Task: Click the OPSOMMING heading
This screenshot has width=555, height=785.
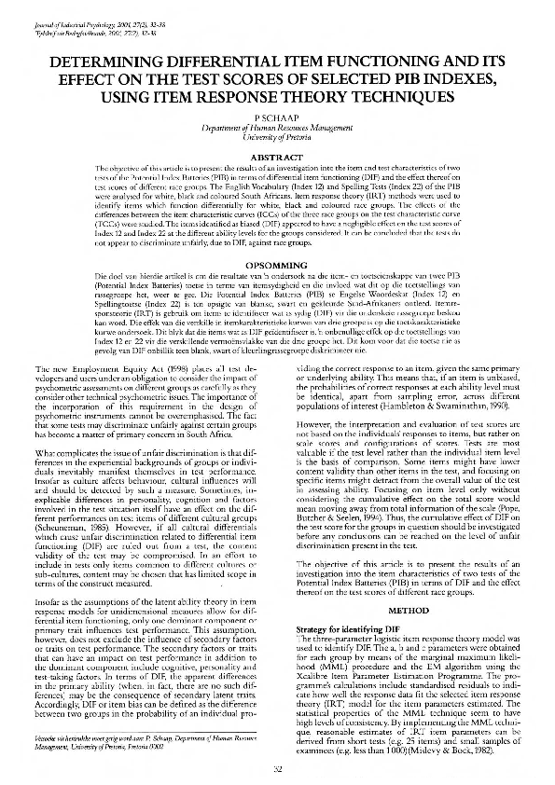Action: click(x=278, y=266)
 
